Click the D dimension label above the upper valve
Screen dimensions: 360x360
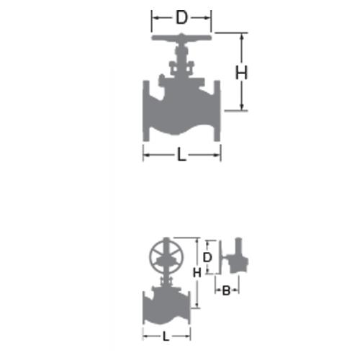[x=181, y=17]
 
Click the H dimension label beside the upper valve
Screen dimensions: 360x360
[x=241, y=73]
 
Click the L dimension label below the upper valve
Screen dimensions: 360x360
[x=181, y=154]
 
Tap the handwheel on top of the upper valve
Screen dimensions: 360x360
[x=181, y=37]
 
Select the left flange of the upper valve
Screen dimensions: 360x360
[x=146, y=111]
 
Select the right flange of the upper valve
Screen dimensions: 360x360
[x=217, y=111]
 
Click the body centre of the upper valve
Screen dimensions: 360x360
[x=181, y=113]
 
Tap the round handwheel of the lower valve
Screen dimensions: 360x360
[x=166, y=255]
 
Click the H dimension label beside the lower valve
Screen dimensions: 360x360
[x=197, y=273]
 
